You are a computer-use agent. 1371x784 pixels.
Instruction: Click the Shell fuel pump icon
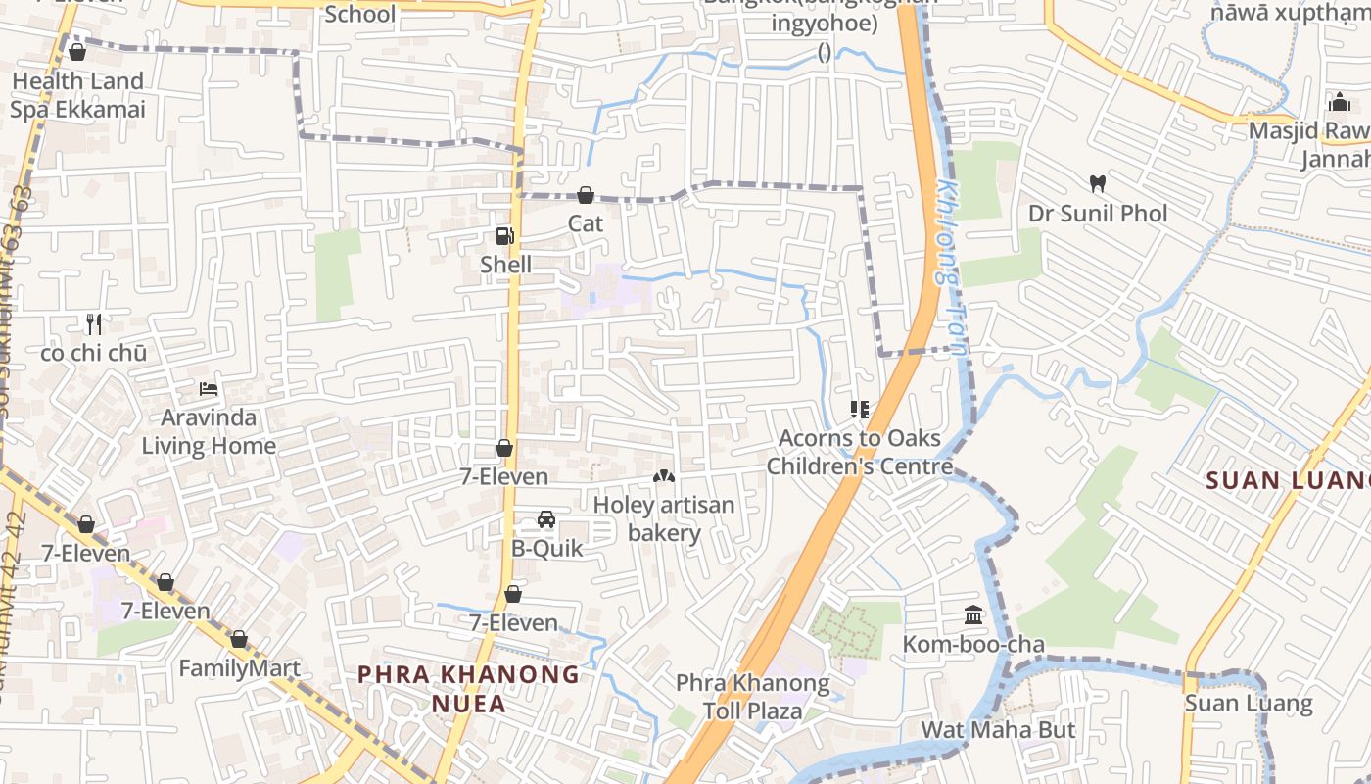click(x=504, y=235)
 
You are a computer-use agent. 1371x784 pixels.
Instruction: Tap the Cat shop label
click(x=586, y=223)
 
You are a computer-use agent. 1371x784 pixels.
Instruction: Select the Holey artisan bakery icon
click(x=664, y=476)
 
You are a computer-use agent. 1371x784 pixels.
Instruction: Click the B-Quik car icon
click(x=546, y=519)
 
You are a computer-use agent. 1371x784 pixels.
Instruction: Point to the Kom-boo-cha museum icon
click(x=973, y=615)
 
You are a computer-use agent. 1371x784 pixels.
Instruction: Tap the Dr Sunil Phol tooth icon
click(x=1098, y=183)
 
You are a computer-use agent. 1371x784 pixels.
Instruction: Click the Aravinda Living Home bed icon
click(x=209, y=389)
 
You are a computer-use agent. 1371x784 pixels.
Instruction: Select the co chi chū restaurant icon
click(x=94, y=323)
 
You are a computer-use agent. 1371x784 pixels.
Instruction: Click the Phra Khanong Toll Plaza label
click(x=753, y=697)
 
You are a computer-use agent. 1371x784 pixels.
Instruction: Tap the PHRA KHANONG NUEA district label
click(x=469, y=689)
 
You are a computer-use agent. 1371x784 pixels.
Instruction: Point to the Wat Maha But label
click(x=998, y=730)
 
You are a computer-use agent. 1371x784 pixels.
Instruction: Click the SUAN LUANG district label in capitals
click(x=1288, y=480)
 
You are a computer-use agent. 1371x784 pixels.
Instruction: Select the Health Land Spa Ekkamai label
click(x=77, y=95)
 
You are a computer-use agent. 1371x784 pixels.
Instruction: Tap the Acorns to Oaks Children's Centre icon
click(x=860, y=410)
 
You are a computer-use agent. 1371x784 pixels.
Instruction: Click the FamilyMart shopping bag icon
click(x=239, y=640)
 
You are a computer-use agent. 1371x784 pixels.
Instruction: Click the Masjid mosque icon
click(x=1339, y=102)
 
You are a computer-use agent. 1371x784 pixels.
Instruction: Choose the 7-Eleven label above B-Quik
click(x=504, y=476)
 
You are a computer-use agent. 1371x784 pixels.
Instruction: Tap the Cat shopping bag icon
click(x=586, y=195)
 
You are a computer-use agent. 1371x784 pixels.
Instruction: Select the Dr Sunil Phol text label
click(x=1098, y=213)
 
